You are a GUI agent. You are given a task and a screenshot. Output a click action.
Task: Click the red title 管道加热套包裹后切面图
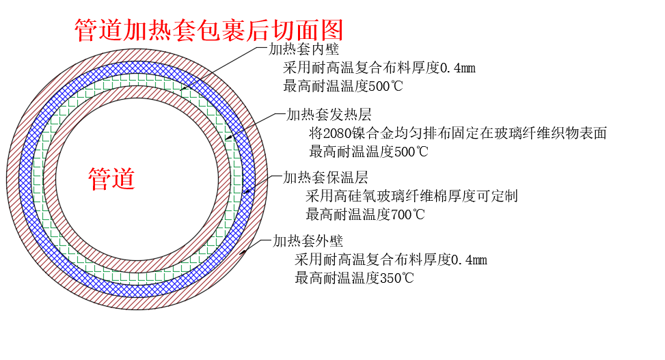(x=208, y=29)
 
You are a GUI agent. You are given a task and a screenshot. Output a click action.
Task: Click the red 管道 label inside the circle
(x=111, y=178)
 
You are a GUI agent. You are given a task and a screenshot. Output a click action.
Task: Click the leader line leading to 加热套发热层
(x=253, y=126)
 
